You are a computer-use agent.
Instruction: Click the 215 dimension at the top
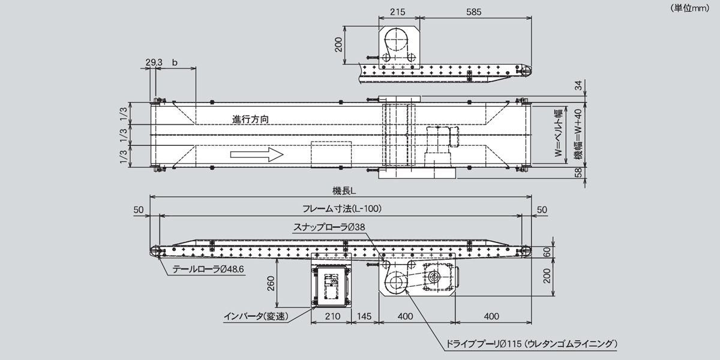point(398,11)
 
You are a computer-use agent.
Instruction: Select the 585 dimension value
point(475,11)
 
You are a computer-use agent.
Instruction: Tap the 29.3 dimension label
point(154,62)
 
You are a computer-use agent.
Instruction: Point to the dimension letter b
point(175,62)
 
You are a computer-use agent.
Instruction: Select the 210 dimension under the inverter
point(331,316)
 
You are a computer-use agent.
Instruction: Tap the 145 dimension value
point(365,316)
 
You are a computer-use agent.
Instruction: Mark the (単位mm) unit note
point(690,8)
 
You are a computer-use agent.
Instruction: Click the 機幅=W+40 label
point(577,134)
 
